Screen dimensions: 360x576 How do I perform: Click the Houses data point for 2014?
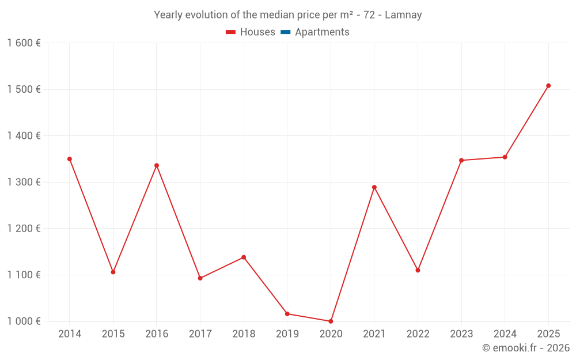click(x=70, y=159)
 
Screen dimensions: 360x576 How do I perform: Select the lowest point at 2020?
click(x=331, y=321)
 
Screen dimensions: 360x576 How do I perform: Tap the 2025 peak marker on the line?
click(x=548, y=86)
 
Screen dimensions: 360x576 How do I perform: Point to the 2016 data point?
click(x=157, y=165)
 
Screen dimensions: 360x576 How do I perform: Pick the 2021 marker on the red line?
click(x=374, y=187)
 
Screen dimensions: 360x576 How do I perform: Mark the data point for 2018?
click(x=244, y=257)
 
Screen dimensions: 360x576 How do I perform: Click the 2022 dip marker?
click(x=418, y=270)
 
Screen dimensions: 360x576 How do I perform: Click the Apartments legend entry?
click(x=322, y=32)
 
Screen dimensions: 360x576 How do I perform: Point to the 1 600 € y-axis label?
click(x=24, y=43)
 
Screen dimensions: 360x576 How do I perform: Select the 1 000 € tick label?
click(x=24, y=321)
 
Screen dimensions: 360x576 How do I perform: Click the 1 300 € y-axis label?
click(x=24, y=182)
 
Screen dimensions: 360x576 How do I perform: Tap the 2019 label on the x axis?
click(x=287, y=334)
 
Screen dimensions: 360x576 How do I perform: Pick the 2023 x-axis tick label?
click(x=461, y=334)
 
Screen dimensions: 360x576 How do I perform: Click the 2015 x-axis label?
click(x=113, y=334)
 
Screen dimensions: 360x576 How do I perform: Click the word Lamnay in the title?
click(x=403, y=15)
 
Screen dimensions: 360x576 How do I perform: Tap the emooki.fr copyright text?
click(x=525, y=348)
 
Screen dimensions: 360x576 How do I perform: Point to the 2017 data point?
click(x=200, y=278)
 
